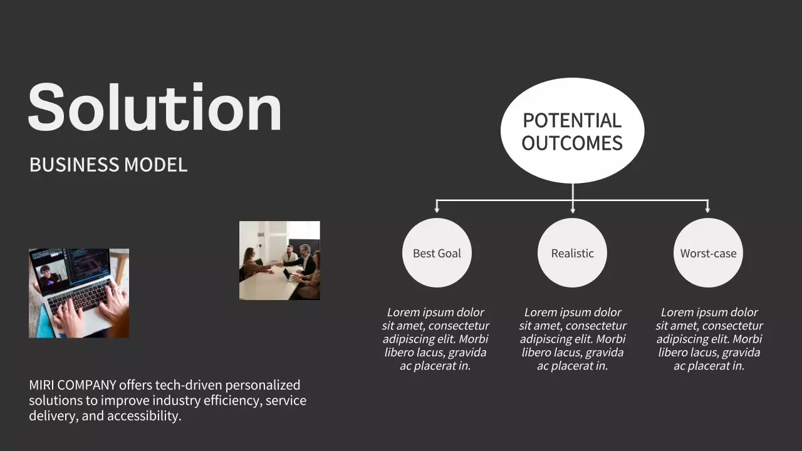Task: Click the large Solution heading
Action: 155,107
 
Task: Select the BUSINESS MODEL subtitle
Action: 108,165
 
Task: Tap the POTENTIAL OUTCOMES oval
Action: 572,131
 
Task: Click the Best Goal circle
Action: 437,253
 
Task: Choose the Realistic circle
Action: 572,253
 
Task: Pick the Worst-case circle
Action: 708,253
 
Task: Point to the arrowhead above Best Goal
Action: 437,210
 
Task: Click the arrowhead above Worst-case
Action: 707,210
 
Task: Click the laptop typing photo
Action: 79,293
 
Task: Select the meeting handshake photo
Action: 279,261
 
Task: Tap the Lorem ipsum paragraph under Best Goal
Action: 435,339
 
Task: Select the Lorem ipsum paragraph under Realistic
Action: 572,339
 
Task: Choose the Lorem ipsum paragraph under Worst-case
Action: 709,339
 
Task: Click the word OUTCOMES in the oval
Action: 572,143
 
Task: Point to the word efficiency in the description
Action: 231,401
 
